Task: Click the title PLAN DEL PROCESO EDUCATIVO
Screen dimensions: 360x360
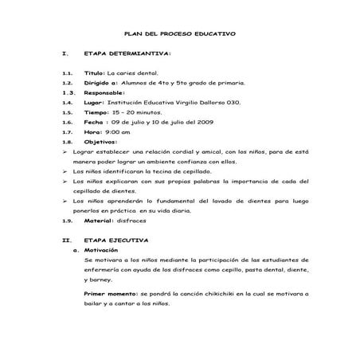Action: [x=180, y=34]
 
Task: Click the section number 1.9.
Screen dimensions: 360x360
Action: [x=66, y=221]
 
